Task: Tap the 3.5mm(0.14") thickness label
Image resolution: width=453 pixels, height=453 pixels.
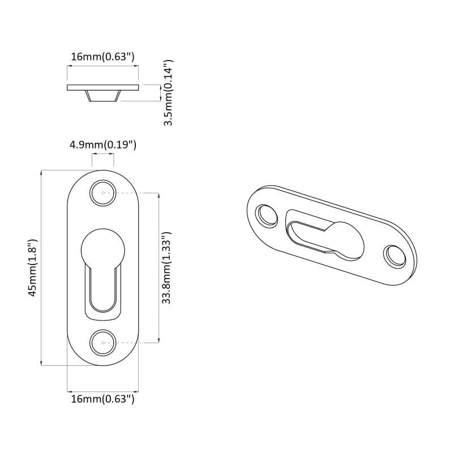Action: click(x=168, y=93)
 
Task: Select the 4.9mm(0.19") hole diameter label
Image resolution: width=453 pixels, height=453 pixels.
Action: click(x=102, y=145)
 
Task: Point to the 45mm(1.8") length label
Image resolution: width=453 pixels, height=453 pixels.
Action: click(x=33, y=267)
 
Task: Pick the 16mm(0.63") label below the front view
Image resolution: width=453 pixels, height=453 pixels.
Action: click(x=102, y=400)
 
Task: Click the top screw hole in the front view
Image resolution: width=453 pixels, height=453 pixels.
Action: click(x=102, y=193)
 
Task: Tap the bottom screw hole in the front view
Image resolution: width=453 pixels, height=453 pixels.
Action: click(x=102, y=342)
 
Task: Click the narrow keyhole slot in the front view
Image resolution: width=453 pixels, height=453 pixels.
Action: click(x=102, y=289)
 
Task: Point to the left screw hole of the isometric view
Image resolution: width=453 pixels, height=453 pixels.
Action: click(x=266, y=215)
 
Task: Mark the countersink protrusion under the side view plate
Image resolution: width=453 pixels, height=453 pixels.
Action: click(x=102, y=96)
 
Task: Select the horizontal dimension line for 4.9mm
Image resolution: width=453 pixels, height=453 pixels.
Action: click(x=102, y=154)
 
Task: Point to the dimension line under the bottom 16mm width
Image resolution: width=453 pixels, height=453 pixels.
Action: click(x=102, y=391)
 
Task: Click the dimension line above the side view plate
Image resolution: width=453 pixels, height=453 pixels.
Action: click(x=102, y=66)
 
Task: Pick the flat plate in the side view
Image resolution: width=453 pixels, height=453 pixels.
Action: click(x=102, y=87)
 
